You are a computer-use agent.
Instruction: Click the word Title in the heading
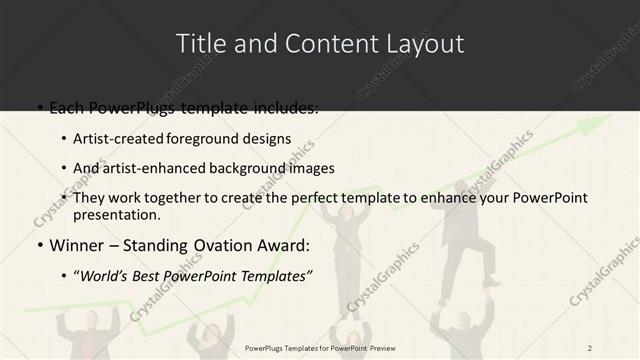pyautogui.click(x=200, y=44)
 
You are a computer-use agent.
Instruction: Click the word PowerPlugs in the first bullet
pyautogui.click(x=127, y=107)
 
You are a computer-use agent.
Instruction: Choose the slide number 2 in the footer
pyautogui.click(x=591, y=347)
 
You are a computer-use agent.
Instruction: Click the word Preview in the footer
pyautogui.click(x=393, y=347)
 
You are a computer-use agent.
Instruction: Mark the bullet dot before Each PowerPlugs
pyautogui.click(x=39, y=108)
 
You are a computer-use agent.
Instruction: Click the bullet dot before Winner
pyautogui.click(x=39, y=246)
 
